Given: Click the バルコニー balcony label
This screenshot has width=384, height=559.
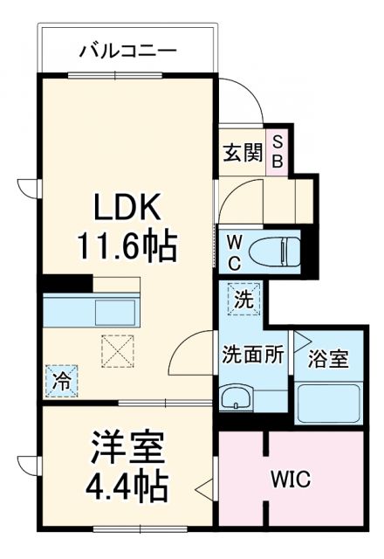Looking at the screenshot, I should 128,50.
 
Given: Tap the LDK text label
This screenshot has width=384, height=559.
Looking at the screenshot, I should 128,209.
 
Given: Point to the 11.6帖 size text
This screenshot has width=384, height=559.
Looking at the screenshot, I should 128,247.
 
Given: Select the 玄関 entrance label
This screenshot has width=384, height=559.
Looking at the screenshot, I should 241,151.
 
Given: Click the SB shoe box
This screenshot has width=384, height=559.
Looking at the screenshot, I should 278,150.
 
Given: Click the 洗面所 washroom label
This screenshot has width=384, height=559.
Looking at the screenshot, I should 252,357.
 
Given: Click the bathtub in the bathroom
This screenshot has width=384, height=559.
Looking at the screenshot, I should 328,402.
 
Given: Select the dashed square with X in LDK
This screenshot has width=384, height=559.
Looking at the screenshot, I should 115,351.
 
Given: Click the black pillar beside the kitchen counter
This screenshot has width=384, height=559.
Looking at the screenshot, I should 65,283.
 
